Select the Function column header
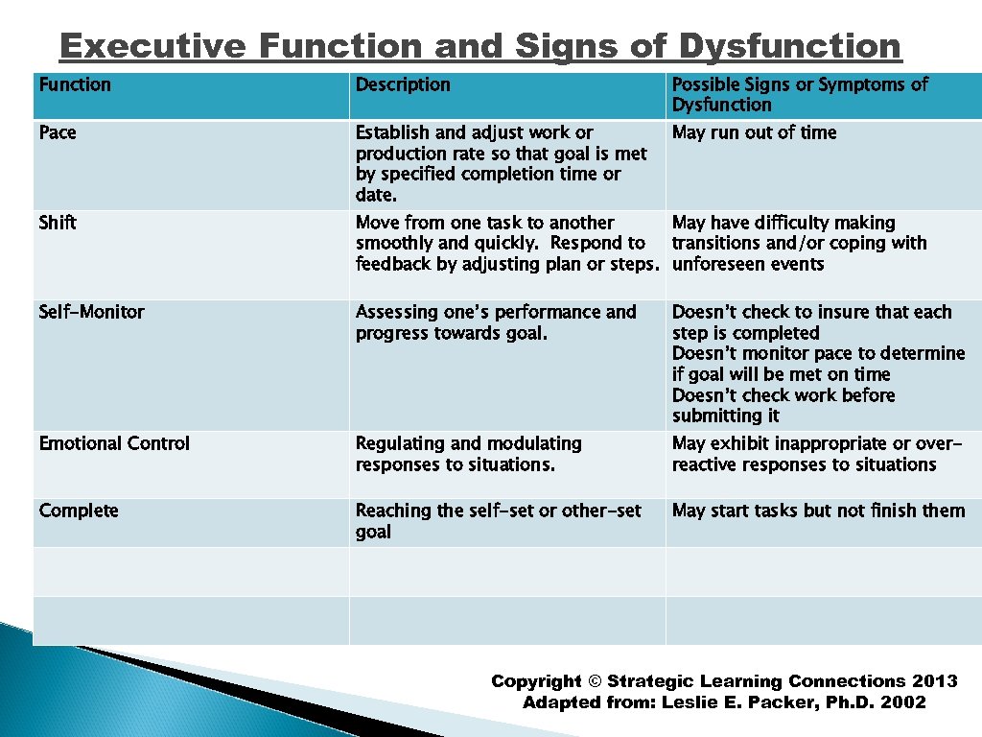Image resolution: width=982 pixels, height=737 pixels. (x=75, y=84)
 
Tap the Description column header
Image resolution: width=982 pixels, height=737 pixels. (x=403, y=84)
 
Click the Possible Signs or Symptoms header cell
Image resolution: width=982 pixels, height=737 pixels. (x=800, y=94)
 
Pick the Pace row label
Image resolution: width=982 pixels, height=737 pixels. (x=58, y=132)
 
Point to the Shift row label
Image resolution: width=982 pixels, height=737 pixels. (x=58, y=223)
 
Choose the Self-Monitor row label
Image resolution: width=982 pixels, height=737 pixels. (x=92, y=312)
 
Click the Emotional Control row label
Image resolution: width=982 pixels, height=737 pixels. (x=114, y=443)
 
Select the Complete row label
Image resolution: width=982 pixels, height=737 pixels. (x=79, y=511)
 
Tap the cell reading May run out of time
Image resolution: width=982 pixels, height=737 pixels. (x=755, y=132)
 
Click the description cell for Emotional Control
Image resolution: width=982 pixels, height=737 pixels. (x=469, y=454)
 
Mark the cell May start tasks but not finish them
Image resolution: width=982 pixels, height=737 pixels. (x=819, y=511)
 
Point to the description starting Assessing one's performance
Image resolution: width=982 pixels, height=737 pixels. (x=496, y=322)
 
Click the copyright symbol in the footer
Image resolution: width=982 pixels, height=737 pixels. (x=595, y=681)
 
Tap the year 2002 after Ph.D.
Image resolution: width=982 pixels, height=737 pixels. (x=903, y=702)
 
